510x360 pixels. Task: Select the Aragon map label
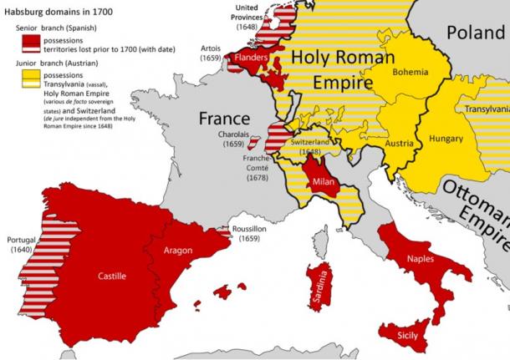(178, 250)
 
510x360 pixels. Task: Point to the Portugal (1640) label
(21, 244)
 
